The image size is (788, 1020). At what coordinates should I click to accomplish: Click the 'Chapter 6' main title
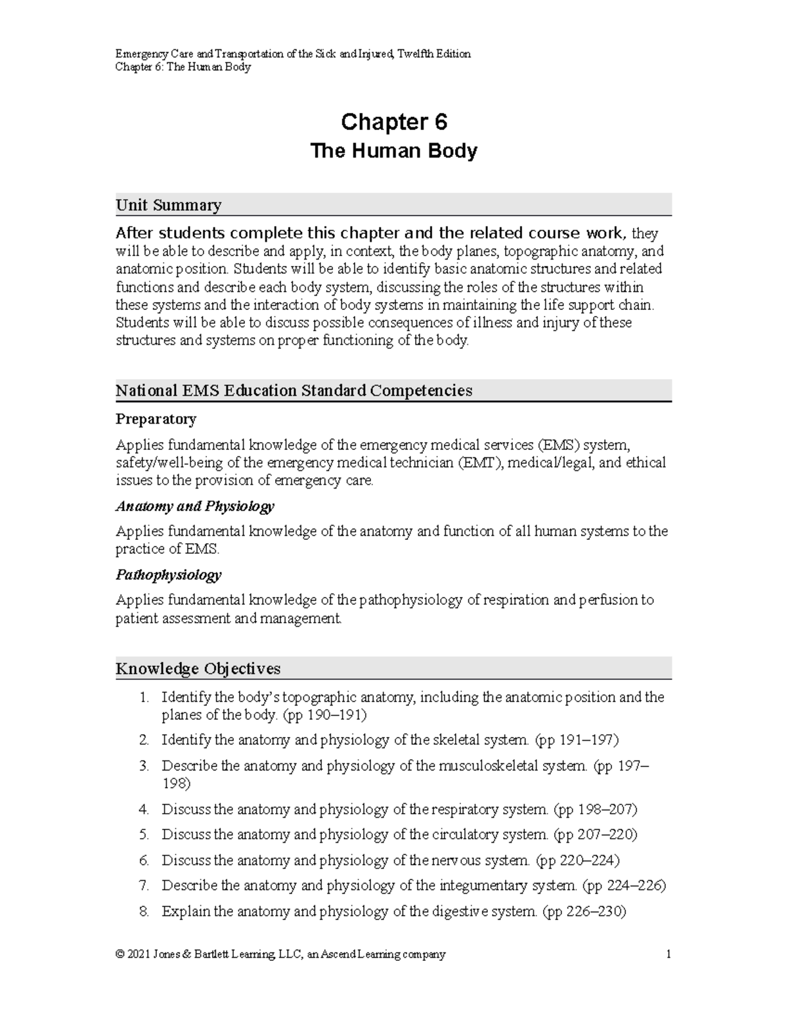click(x=393, y=122)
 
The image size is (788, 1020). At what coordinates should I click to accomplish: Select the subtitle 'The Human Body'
click(x=393, y=152)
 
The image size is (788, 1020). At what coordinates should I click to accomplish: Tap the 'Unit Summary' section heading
click(x=168, y=206)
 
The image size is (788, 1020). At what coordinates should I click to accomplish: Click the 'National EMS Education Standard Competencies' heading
click(x=294, y=391)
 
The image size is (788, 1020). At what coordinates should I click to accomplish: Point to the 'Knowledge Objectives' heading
click(x=198, y=669)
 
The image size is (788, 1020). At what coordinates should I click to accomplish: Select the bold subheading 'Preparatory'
click(x=156, y=419)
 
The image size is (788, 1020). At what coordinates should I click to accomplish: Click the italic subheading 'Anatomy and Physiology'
click(x=194, y=506)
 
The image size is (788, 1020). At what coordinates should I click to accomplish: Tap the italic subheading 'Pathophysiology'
click(x=168, y=575)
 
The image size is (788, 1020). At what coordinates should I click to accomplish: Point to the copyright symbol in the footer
click(x=120, y=954)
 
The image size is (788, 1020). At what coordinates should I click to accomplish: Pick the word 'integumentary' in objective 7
click(x=485, y=886)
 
